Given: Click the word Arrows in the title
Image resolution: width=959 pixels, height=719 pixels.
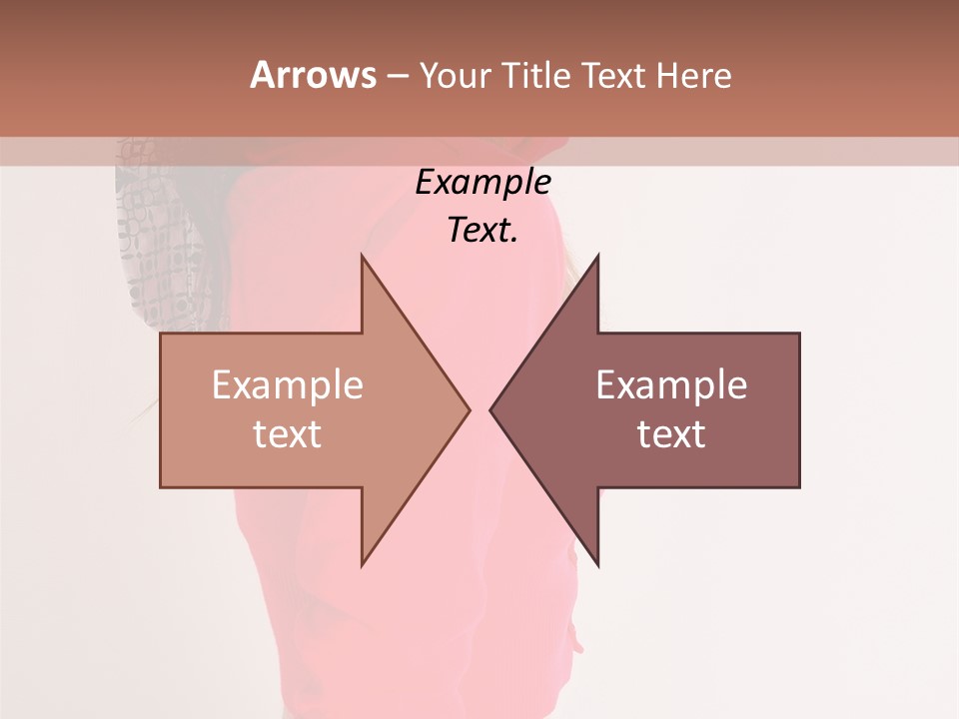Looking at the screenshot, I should [x=313, y=75].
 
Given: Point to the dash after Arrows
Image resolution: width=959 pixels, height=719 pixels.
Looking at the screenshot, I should [x=397, y=76].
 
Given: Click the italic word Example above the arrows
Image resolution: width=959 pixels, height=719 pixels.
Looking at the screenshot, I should [x=483, y=182].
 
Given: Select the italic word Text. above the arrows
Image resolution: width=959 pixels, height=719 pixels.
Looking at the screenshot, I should [x=483, y=231].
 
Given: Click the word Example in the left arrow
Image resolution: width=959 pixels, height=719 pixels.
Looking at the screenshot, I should [x=288, y=385].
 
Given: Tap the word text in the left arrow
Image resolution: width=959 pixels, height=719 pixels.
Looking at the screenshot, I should [x=288, y=434].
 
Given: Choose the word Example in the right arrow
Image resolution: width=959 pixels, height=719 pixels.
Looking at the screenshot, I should [x=671, y=385].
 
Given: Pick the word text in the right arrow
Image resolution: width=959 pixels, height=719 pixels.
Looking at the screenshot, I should [x=671, y=434].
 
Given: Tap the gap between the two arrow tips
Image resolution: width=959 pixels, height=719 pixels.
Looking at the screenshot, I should [x=479, y=409].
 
